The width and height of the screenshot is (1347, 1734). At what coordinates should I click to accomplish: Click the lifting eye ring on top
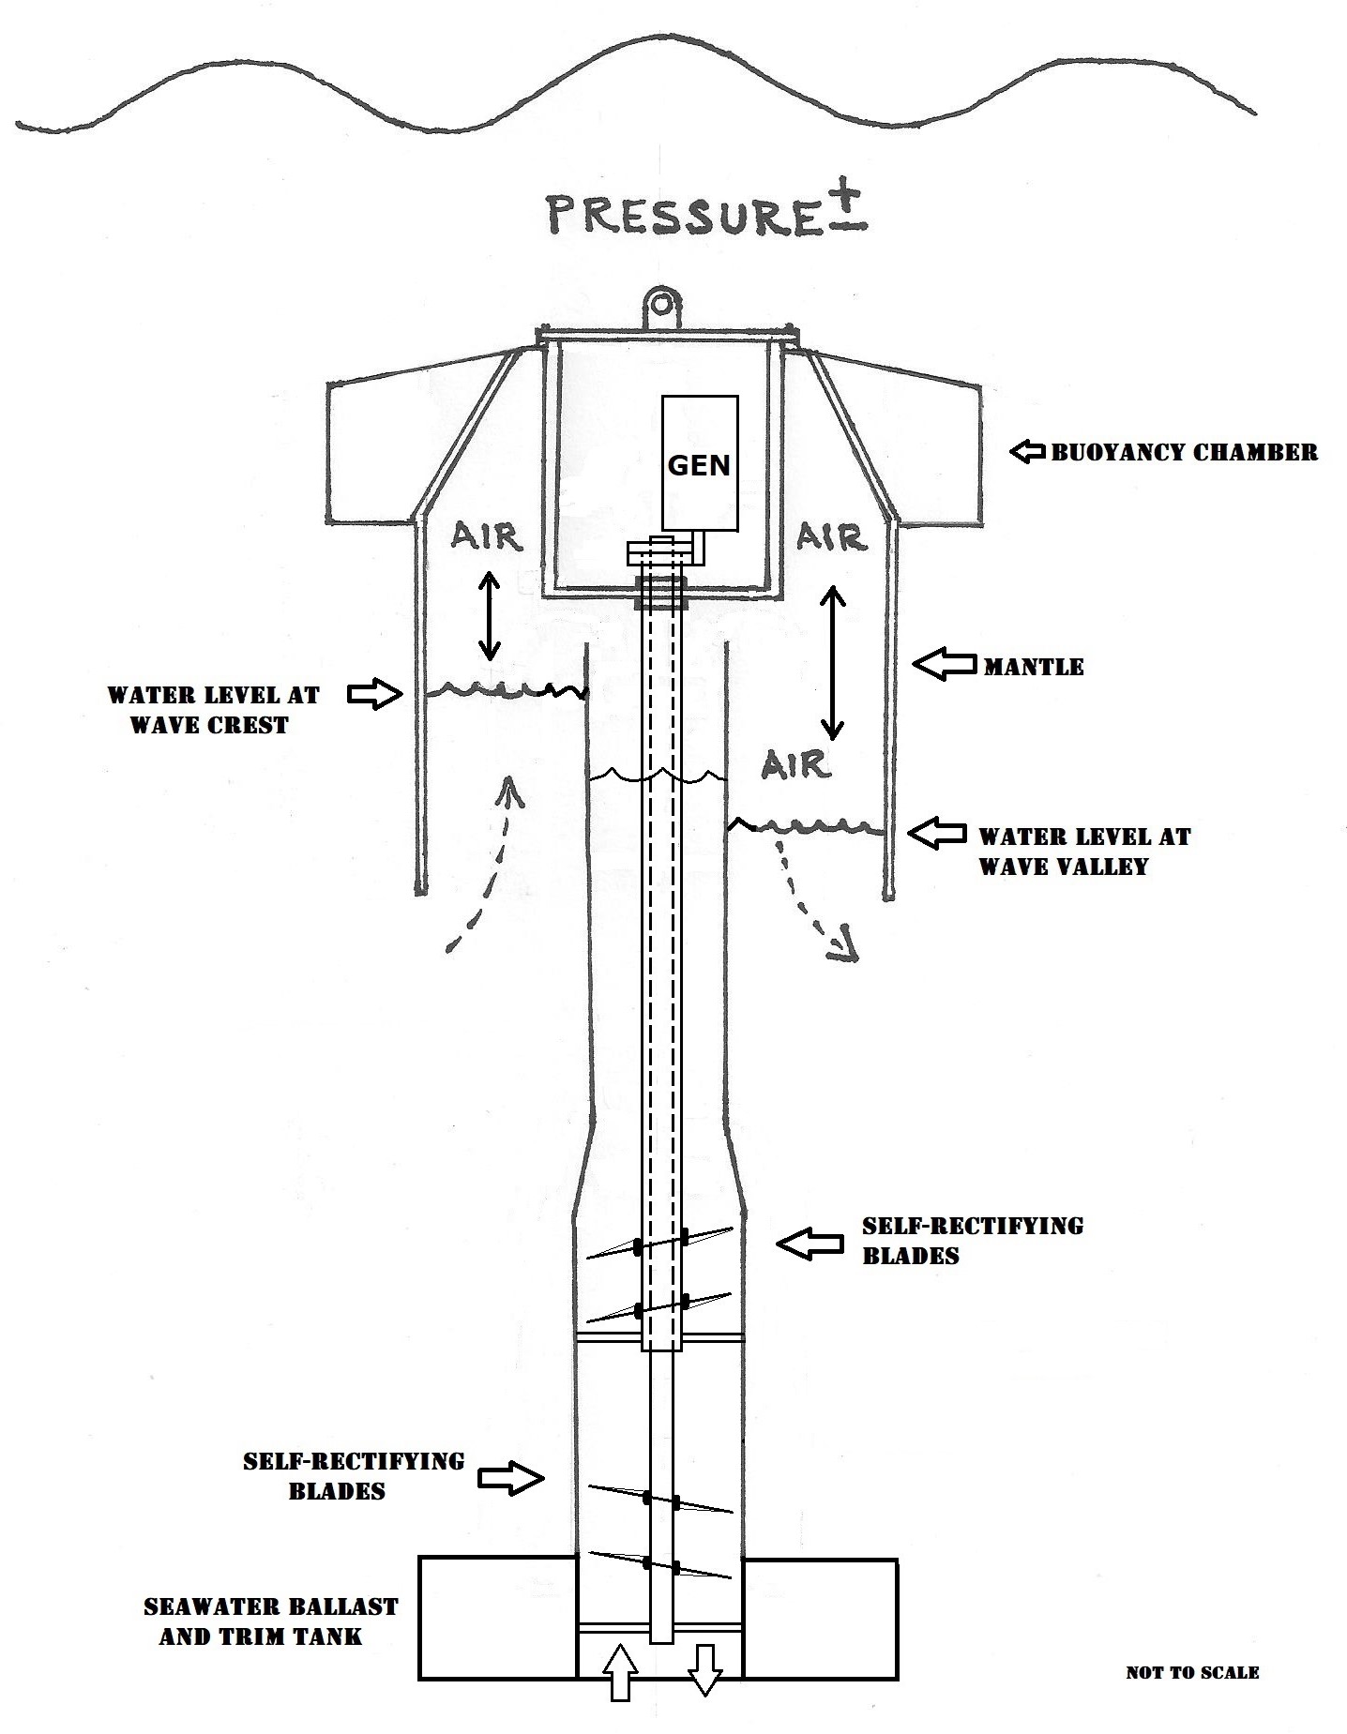coord(663,304)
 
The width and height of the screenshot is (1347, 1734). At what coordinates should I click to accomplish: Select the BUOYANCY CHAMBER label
coord(1184,452)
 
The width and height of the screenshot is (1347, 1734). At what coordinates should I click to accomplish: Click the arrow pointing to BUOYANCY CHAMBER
coord(1027,452)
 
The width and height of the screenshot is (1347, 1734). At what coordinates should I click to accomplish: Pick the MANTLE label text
coord(1034,667)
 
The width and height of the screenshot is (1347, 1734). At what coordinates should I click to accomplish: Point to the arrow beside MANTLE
coord(944,665)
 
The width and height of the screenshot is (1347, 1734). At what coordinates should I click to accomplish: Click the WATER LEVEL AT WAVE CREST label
coord(212,710)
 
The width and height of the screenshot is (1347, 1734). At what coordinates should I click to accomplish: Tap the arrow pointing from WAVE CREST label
coord(373,695)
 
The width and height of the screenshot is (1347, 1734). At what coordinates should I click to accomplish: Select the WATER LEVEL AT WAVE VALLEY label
coord(1084,851)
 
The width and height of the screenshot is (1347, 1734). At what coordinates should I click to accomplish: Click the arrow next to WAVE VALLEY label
coord(938,833)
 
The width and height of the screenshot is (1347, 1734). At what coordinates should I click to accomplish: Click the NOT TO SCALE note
coord(1192,1672)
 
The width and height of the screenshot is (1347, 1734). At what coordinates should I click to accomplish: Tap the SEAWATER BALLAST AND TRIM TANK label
coord(270,1621)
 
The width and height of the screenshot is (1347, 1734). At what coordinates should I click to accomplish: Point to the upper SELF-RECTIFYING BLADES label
coord(973,1240)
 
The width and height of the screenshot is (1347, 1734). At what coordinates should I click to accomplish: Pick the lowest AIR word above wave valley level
coord(795,764)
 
